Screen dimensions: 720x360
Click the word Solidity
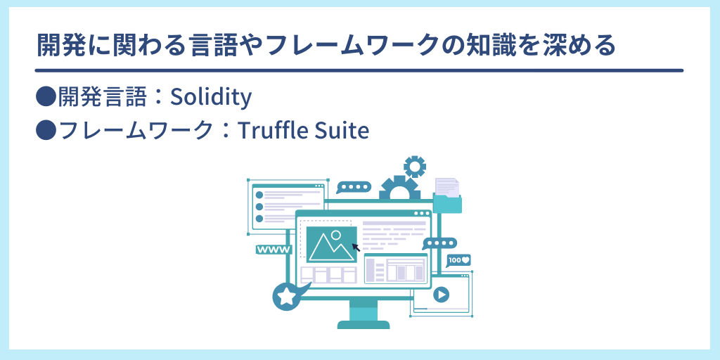coord(211,97)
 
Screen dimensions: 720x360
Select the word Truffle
coord(266,131)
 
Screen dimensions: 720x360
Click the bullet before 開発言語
coord(46,96)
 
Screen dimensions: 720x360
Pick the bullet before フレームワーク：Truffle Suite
coord(46,130)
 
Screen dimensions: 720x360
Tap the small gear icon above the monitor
coord(415,166)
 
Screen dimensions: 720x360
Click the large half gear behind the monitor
coord(399,188)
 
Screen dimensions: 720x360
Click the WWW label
coord(274,250)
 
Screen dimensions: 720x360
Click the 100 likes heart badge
coord(458,260)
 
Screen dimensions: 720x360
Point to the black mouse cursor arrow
coord(356,247)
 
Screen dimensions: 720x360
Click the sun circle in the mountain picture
coord(336,235)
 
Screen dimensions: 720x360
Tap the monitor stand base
coord(364,325)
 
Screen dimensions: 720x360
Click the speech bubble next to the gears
coord(354,187)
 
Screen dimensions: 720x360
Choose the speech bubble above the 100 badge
coord(439,243)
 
